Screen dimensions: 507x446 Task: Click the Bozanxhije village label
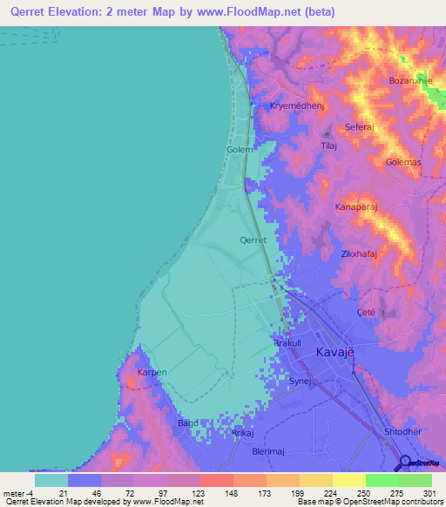[x=410, y=81]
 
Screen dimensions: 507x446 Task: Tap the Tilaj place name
[x=329, y=146]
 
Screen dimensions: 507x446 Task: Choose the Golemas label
[x=403, y=163]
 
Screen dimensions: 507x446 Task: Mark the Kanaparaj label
[x=355, y=207]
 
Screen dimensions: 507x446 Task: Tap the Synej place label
[x=300, y=382]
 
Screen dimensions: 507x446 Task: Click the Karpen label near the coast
[x=152, y=373]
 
